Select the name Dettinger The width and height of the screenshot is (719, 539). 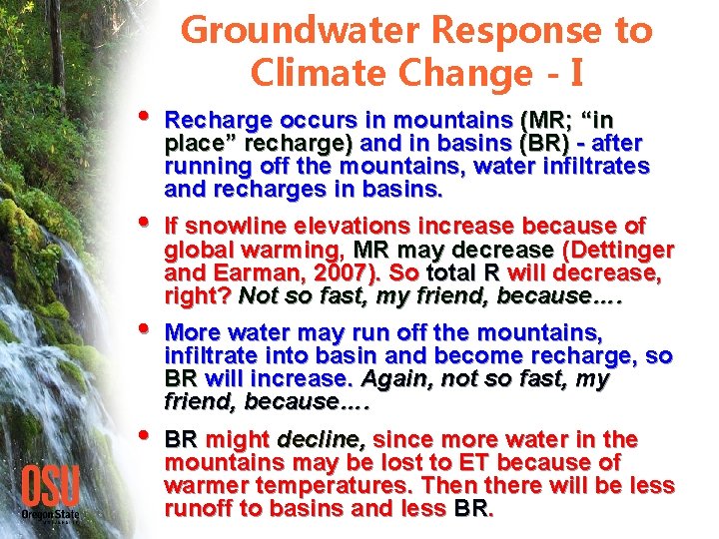click(x=626, y=249)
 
